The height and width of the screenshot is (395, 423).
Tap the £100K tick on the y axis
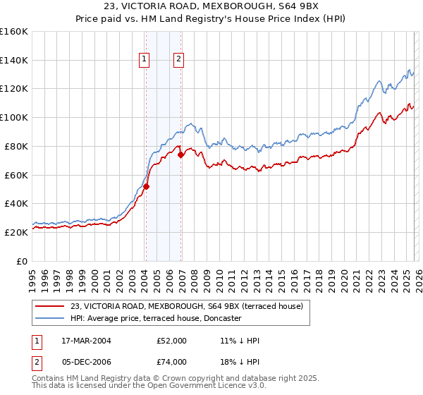[x=14, y=117]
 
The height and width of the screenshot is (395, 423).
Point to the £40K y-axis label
[x=16, y=203]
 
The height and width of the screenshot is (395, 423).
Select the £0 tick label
[x=22, y=261]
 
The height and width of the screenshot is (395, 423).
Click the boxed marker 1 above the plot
[x=145, y=60]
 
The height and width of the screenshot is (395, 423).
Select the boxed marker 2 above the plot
[x=179, y=60]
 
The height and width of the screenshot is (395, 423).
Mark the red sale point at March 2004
[x=147, y=186]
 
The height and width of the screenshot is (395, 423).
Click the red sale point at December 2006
[x=181, y=154]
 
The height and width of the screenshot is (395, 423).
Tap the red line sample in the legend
[x=51, y=306]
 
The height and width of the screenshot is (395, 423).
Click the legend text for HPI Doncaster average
[x=156, y=318]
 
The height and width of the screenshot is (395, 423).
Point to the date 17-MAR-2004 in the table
[x=91, y=341]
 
